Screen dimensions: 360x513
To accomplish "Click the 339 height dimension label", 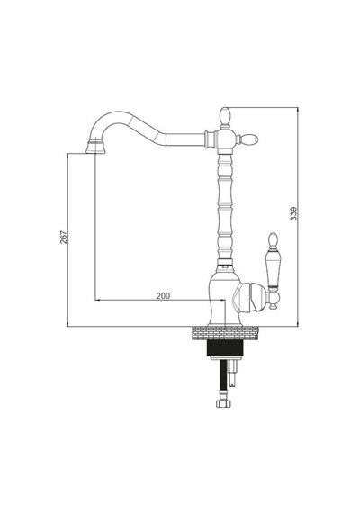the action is click(294, 213).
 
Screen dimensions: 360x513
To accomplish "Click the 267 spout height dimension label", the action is click(64, 238).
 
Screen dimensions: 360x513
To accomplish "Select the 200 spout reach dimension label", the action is click(163, 296).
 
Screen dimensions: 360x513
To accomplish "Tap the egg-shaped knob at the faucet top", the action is click(224, 117).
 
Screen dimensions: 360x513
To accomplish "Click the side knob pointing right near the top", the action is click(249, 139).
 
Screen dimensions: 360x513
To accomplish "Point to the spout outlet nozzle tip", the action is click(95, 147).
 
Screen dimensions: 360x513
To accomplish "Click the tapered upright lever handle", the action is click(273, 269).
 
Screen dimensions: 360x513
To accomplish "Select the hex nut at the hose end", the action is click(223, 402).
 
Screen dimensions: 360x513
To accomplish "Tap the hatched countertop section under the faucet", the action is click(225, 333).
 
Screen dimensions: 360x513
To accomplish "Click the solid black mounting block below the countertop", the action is click(226, 348).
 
